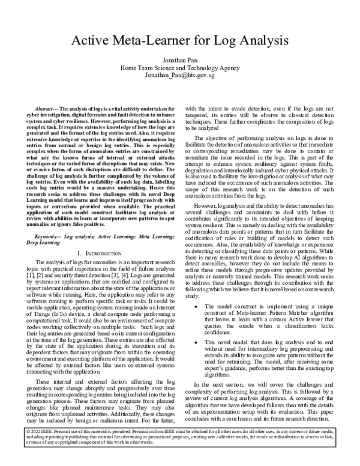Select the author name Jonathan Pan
pyautogui.click(x=179, y=61)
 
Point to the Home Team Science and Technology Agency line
pyautogui.click(x=179, y=68)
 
